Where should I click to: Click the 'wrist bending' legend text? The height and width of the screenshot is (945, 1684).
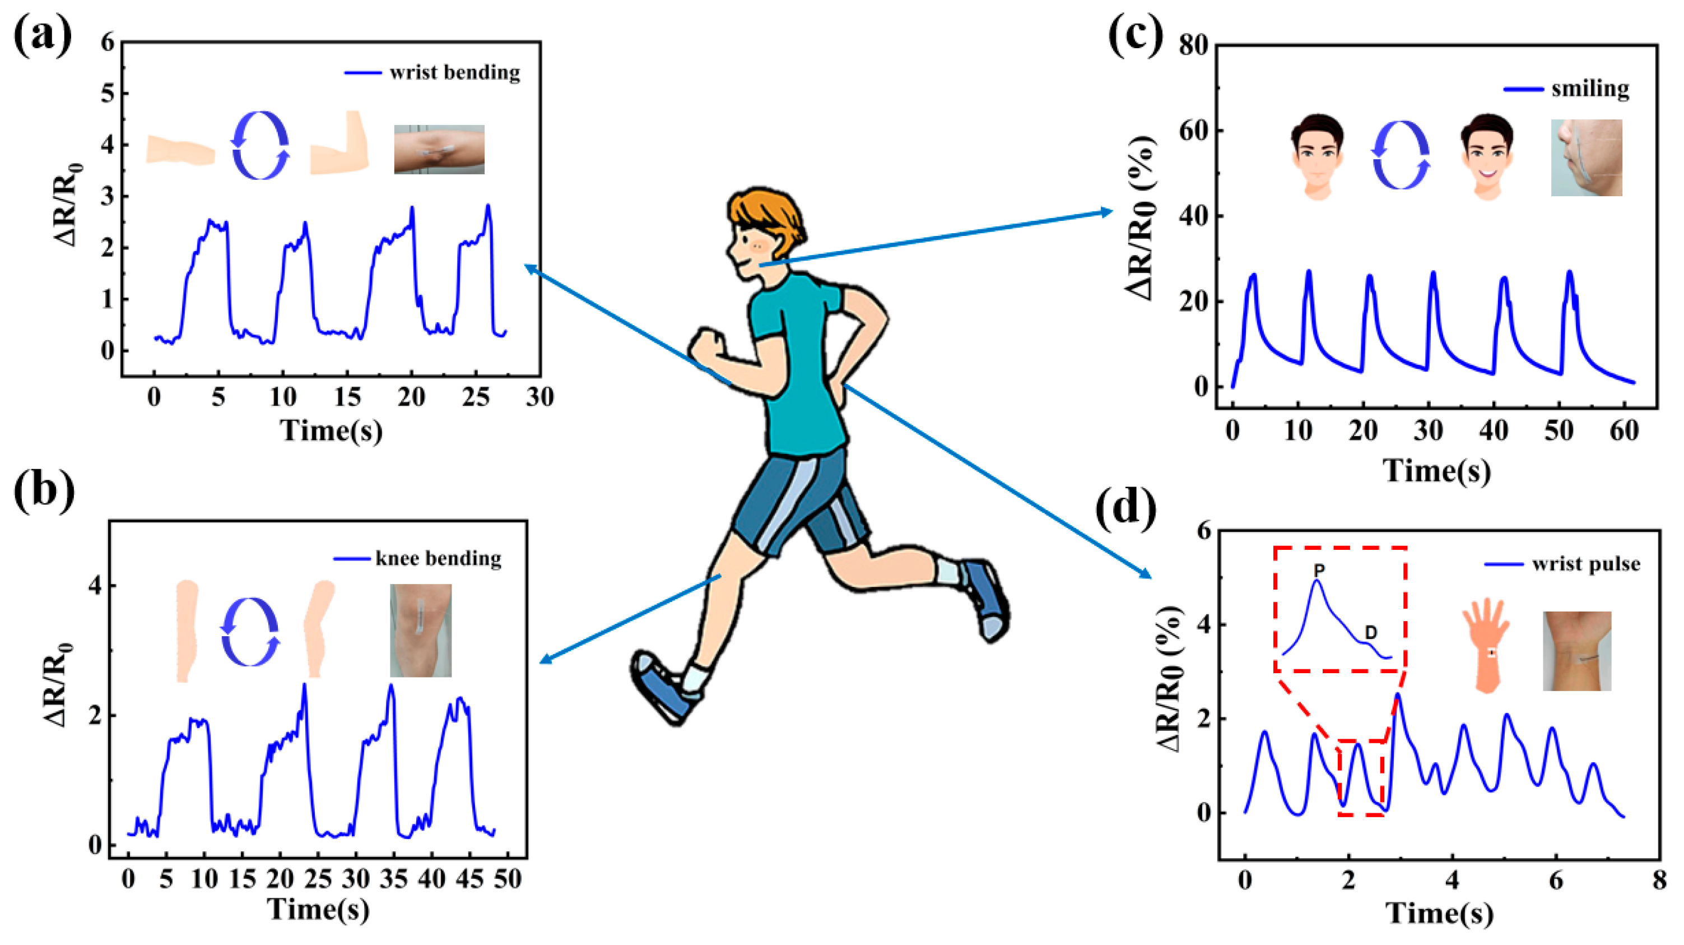point(454,73)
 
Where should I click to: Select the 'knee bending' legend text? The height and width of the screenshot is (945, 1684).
point(438,558)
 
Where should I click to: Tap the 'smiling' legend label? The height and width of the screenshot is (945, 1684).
point(1590,89)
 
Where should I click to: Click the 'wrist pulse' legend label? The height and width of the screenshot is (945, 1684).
point(1586,564)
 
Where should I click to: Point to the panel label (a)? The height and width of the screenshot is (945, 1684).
point(43,38)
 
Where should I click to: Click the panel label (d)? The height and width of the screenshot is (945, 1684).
point(1125,507)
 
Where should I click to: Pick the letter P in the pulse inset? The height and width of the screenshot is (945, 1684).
point(1319,570)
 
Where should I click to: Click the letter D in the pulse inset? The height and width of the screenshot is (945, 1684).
point(1370,632)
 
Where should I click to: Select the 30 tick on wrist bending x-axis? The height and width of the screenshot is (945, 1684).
point(539,397)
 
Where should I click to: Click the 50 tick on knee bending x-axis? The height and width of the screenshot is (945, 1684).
point(508,879)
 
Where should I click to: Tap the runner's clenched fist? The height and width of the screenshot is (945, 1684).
point(708,346)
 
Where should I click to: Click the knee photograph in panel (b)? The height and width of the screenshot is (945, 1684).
point(420,630)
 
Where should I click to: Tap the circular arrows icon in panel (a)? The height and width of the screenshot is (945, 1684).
point(260,145)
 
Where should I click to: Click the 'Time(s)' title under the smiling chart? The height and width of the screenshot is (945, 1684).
point(1436,470)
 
